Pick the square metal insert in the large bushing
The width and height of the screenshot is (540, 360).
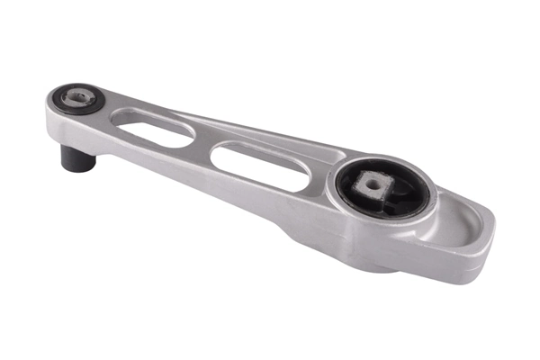click(x=372, y=187)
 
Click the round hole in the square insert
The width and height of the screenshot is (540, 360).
click(x=371, y=185)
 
